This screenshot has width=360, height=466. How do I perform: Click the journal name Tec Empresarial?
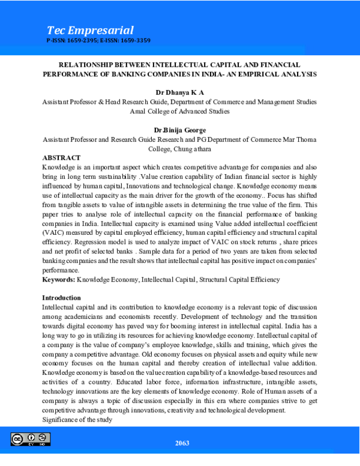click(90, 30)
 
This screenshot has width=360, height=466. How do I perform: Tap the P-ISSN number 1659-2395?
click(83, 41)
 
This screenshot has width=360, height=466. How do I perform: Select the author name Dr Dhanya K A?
click(179, 93)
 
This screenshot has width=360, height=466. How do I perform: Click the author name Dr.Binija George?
click(179, 130)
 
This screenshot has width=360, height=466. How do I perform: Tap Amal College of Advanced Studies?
click(179, 111)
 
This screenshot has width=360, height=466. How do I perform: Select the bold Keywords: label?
click(58, 280)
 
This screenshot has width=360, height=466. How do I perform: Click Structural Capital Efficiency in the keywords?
click(239, 280)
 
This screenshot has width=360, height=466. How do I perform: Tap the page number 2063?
click(182, 443)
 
